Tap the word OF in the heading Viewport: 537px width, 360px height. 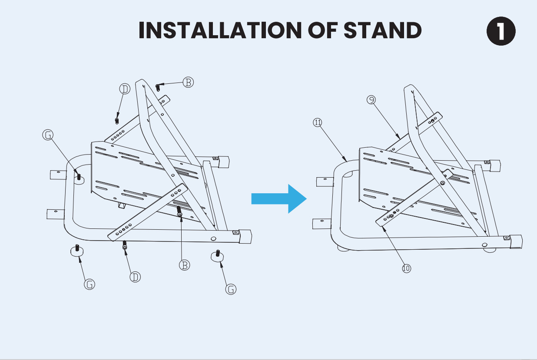pos(322,30)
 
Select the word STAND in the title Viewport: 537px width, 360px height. pos(382,30)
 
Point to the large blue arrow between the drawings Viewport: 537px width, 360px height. pos(279,198)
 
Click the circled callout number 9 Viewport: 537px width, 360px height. pos(371,100)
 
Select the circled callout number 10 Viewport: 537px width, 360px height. pos(406,268)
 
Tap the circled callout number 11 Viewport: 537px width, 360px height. pos(318,122)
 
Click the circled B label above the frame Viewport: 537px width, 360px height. pos(188,82)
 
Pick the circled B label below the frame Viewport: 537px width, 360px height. pos(185,264)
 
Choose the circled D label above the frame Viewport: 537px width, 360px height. pos(125,89)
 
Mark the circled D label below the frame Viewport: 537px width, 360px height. pos(136,277)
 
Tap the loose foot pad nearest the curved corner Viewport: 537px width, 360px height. pos(77,251)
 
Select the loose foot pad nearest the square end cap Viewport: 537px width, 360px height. pos(217,255)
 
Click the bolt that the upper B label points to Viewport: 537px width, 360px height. pos(158,87)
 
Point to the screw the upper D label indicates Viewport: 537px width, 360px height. pos(116,119)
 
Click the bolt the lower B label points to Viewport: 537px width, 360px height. pos(179,212)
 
